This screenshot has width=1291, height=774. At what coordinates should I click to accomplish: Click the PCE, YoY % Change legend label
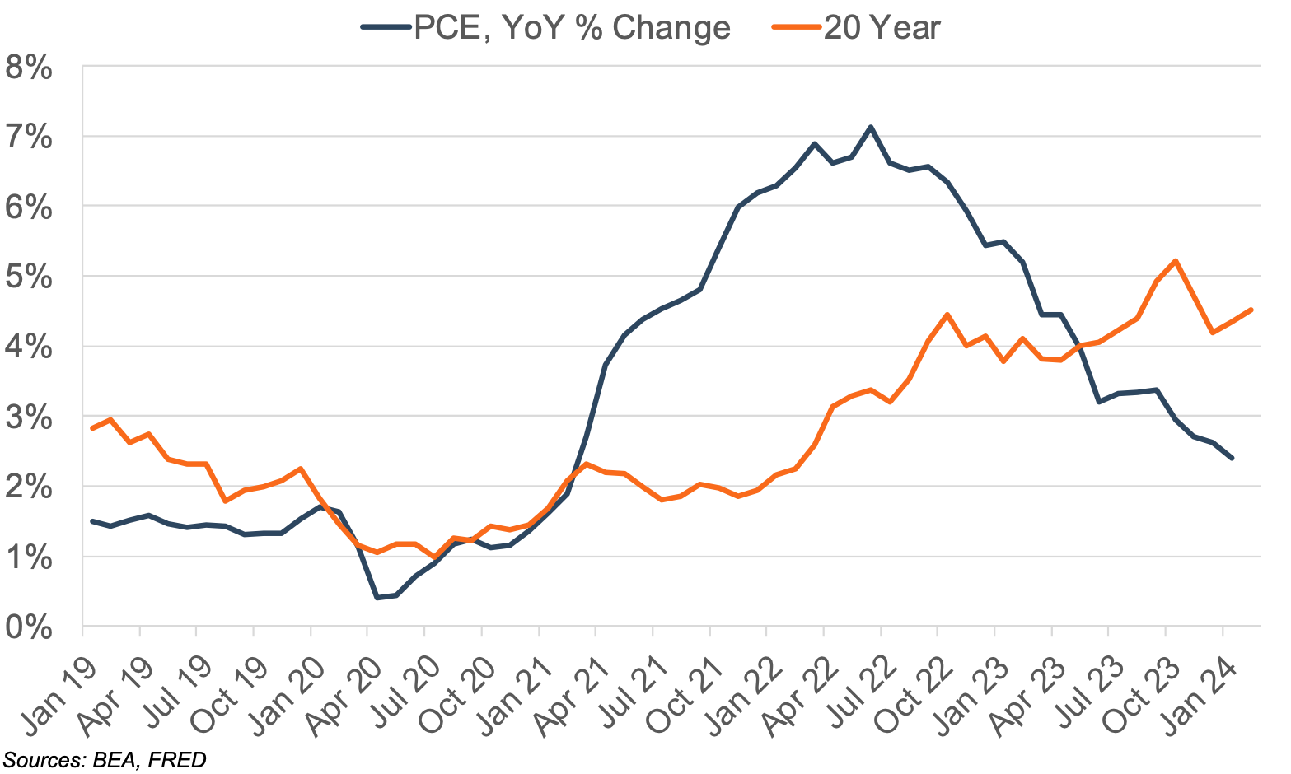click(572, 28)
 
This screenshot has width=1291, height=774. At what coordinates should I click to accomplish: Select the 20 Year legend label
click(882, 28)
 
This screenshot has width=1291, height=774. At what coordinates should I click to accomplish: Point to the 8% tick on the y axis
click(28, 68)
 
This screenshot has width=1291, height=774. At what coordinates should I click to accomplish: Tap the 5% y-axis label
click(28, 277)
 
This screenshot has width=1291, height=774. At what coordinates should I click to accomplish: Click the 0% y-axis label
click(28, 628)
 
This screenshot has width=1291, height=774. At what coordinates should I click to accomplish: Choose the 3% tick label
click(28, 417)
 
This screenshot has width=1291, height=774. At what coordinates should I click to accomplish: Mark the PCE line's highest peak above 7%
click(870, 127)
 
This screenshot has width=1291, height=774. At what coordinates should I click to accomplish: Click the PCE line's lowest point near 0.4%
click(377, 598)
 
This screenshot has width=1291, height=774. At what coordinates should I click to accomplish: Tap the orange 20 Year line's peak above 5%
click(1175, 260)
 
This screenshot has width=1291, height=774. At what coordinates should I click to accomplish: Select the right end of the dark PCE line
click(1233, 459)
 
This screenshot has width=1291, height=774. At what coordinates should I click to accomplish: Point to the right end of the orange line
click(1251, 310)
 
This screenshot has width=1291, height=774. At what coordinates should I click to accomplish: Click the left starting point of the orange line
click(91, 428)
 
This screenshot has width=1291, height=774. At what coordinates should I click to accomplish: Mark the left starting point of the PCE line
click(91, 520)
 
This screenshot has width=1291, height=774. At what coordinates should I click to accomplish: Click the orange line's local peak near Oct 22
click(947, 314)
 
